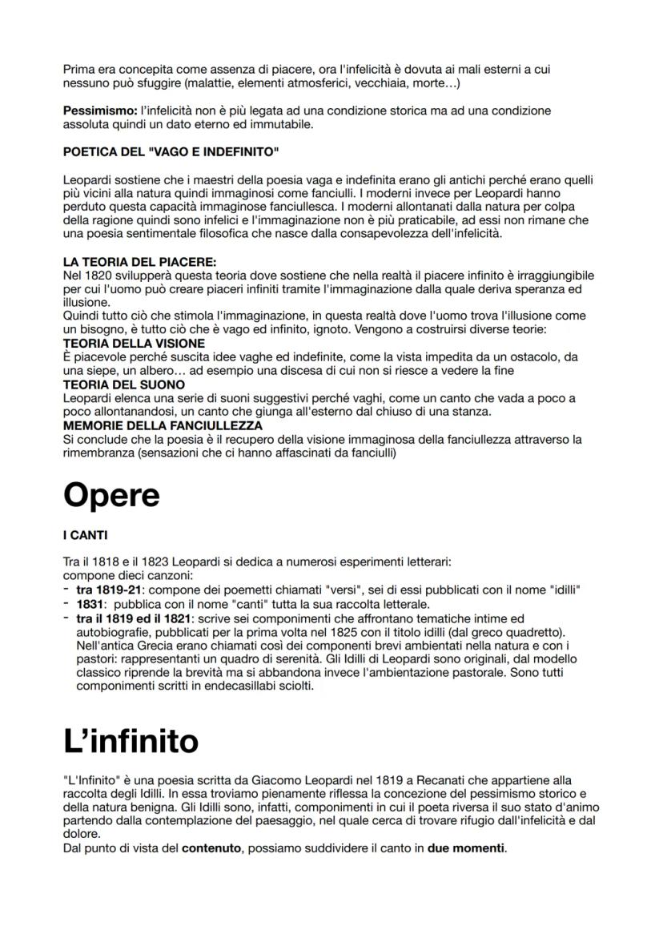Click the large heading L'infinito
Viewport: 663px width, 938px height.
click(131, 742)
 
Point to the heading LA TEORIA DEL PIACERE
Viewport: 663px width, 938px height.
click(140, 261)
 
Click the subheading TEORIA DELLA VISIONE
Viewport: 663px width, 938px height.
click(134, 343)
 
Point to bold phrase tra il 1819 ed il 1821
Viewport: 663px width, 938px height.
click(133, 618)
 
